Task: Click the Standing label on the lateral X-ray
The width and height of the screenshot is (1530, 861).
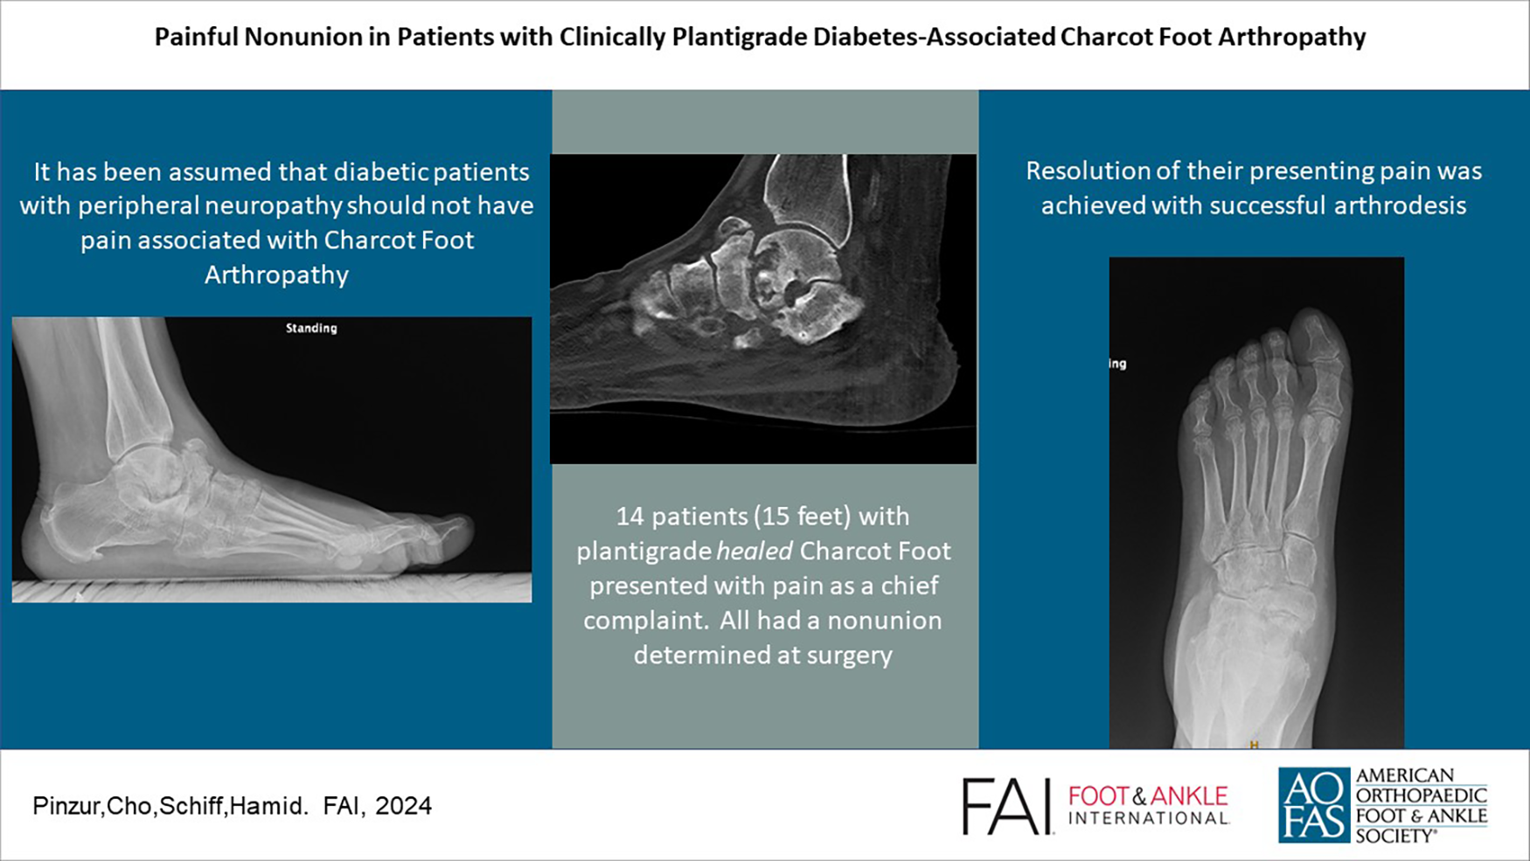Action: (x=311, y=329)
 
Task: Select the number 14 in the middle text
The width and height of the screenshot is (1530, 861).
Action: (x=630, y=517)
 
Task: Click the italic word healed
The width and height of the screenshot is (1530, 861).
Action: (x=755, y=551)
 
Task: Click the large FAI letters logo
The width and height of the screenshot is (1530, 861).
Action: (x=1006, y=806)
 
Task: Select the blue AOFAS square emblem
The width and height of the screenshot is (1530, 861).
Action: (x=1313, y=805)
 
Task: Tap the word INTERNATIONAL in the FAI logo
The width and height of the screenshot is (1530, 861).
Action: (x=1148, y=819)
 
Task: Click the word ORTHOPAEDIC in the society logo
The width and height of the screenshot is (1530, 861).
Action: (x=1421, y=795)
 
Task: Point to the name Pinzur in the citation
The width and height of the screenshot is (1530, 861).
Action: (x=66, y=806)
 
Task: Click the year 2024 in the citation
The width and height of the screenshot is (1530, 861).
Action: (x=403, y=806)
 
